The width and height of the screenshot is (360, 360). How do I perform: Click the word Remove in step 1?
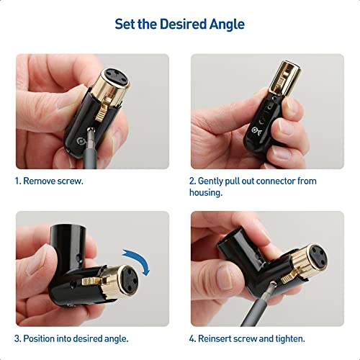pos(42,181)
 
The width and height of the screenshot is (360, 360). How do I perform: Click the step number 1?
pos(18,181)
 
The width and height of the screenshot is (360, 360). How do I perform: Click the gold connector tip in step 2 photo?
pos(282,76)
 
